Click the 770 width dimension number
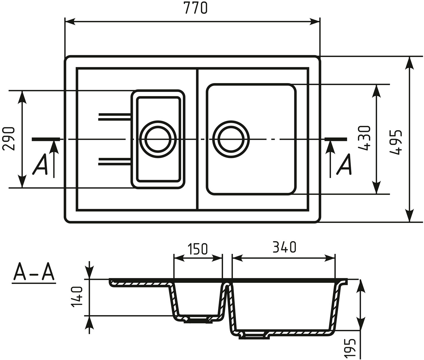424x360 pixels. tap(195, 8)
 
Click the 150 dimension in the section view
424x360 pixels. tap(197, 249)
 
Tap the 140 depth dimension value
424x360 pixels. tap(77, 297)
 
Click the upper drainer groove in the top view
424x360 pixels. tap(114, 117)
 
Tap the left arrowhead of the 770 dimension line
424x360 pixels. tap(70, 22)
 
